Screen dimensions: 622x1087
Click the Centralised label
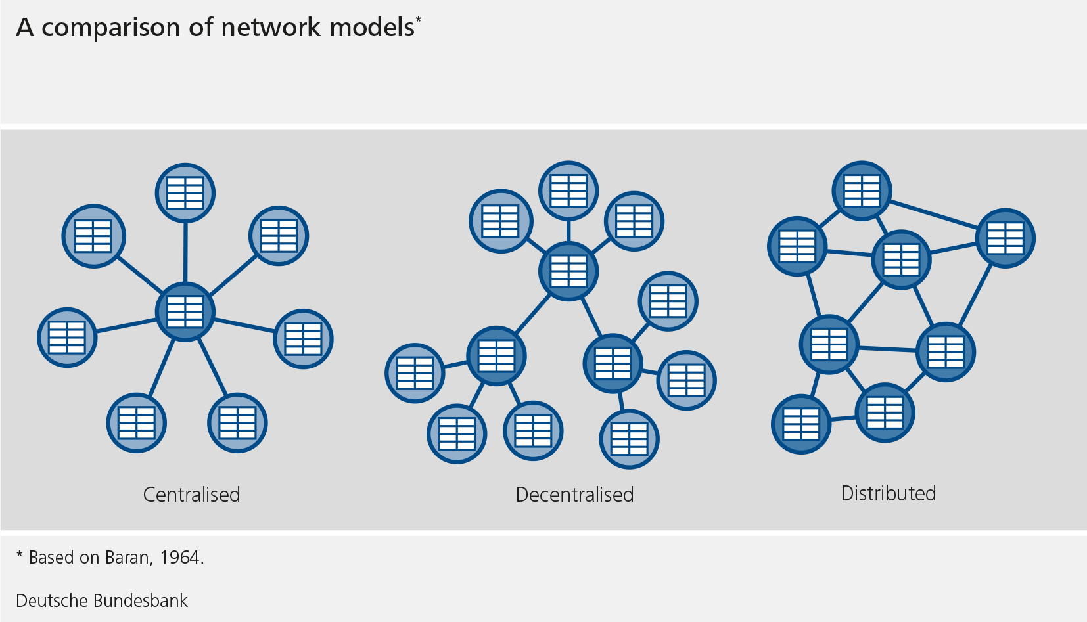point(191,495)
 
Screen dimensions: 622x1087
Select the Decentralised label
point(574,495)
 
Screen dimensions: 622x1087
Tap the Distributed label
point(888,493)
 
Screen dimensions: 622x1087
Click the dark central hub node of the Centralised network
point(185,311)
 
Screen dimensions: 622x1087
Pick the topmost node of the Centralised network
point(185,193)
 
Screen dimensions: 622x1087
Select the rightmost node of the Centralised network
point(303,339)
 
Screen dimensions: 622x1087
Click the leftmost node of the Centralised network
point(67,338)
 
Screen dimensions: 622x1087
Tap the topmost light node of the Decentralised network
point(568,191)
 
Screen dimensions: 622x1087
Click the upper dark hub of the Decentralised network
point(568,271)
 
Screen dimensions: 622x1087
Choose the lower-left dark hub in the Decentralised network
point(496,356)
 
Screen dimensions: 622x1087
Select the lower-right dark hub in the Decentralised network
point(613,364)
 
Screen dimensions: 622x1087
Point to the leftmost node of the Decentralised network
point(415,373)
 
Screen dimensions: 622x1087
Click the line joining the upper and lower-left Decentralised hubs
point(533,313)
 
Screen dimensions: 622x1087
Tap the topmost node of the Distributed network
point(862,190)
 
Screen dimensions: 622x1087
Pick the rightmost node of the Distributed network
point(1005,238)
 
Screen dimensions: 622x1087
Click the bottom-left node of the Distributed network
point(801,424)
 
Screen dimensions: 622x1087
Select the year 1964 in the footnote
point(179,558)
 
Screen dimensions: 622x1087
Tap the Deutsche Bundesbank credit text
point(102,600)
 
